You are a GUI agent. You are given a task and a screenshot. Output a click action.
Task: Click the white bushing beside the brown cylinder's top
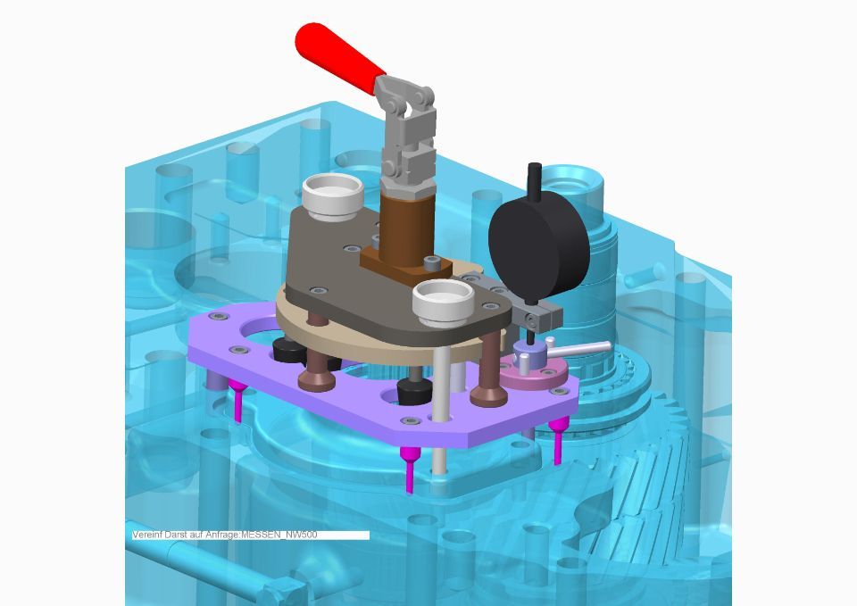[x=333, y=197]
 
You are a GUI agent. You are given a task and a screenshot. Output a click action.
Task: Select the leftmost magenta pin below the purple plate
[x=237, y=401]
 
